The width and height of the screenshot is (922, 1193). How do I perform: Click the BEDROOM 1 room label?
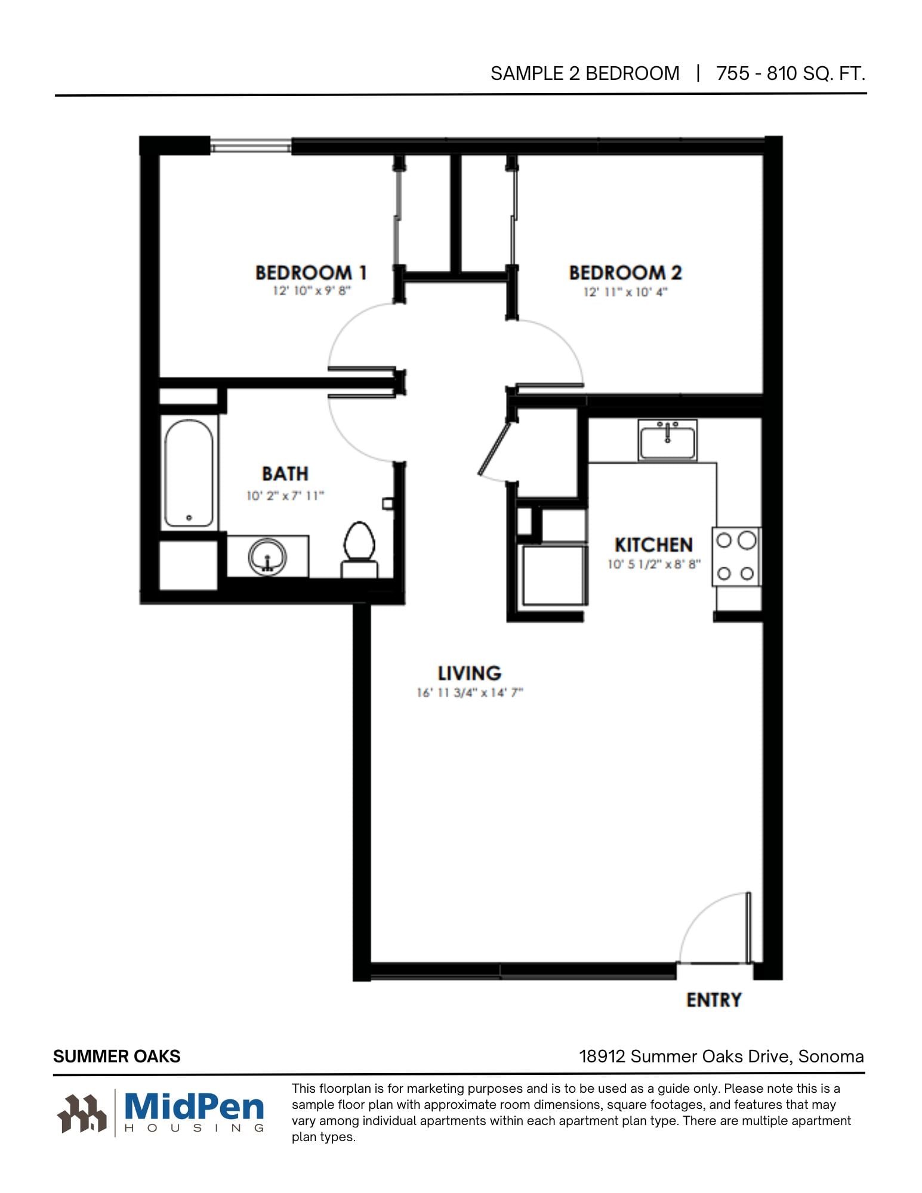310,273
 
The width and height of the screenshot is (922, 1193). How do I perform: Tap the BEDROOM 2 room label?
625,273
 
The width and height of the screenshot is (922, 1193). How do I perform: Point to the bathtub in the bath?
189,472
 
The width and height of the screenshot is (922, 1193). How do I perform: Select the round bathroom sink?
267,557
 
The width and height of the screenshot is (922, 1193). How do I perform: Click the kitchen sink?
667,440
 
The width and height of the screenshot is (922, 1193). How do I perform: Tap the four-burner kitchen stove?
736,557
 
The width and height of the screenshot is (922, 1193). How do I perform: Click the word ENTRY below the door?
714,1000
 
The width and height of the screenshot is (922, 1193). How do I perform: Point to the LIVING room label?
469,673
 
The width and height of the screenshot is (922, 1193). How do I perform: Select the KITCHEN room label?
653,545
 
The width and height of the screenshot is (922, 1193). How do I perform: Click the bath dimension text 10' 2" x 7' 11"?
285,496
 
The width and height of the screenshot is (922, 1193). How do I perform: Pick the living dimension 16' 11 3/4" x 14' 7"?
470,693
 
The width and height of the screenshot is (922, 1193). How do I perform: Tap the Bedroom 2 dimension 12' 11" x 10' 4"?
625,292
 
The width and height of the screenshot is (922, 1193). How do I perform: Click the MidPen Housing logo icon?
82,1113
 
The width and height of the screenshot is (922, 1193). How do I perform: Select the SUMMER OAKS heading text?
117,1056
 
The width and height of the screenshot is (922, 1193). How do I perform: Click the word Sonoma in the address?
831,1056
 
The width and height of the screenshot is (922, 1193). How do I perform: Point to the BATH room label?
285,474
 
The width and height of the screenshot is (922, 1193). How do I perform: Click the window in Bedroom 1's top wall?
251,146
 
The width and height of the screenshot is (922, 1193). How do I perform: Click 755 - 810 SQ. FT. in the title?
791,73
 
